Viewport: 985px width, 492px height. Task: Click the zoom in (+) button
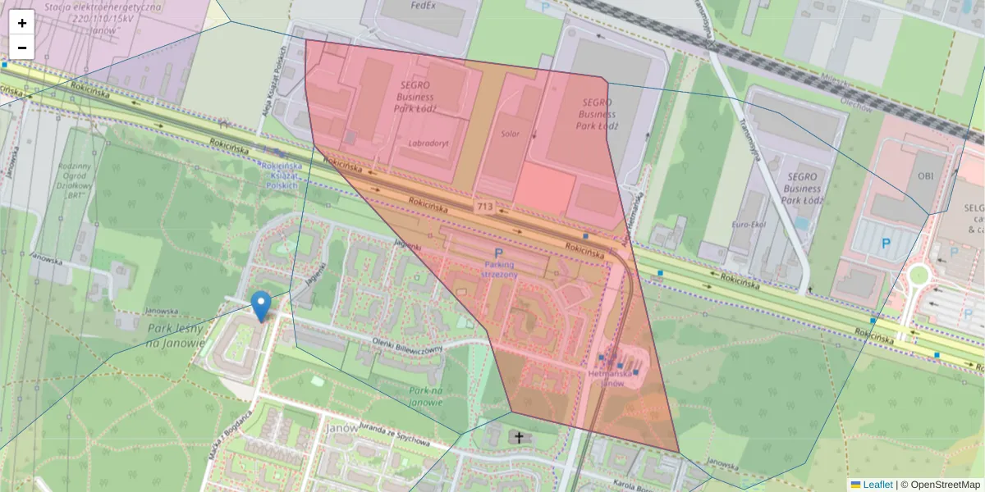(22, 23)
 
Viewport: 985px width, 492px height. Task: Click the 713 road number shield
(484, 207)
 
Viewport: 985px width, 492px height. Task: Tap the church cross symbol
(519, 437)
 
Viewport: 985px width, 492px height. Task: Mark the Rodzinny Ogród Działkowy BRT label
(74, 180)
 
